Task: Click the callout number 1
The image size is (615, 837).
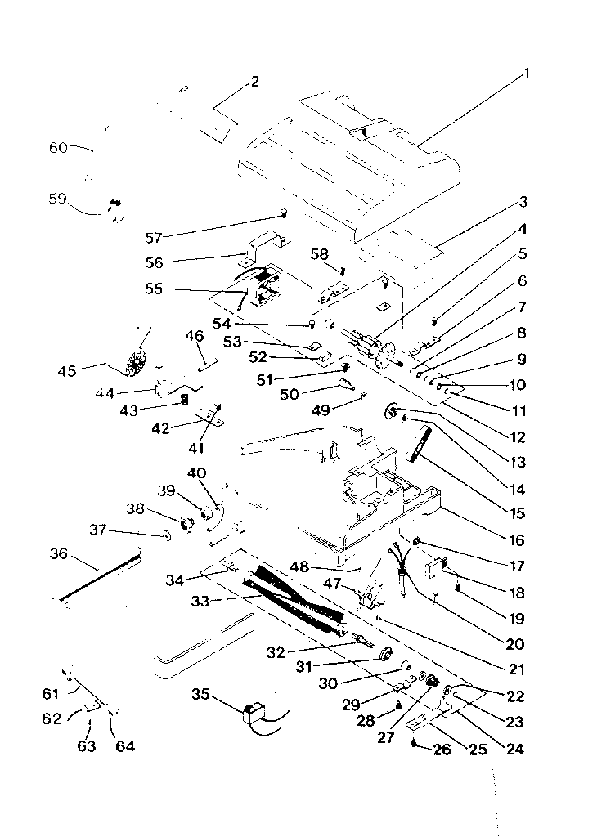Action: tap(527, 74)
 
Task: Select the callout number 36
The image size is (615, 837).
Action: tap(58, 553)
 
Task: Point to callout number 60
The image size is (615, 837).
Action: tap(58, 148)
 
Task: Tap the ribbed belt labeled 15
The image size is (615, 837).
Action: tap(420, 445)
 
